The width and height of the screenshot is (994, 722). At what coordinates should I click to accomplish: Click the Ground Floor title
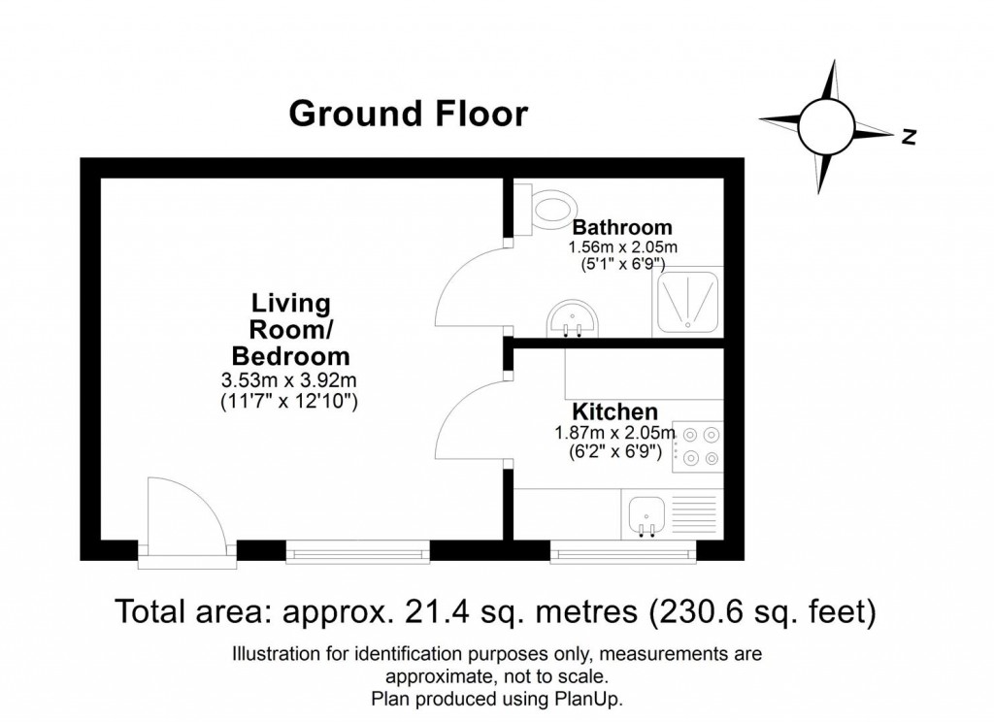tap(409, 114)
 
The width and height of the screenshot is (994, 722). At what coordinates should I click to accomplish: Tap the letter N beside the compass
tap(909, 137)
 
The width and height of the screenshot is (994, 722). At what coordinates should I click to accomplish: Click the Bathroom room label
tap(622, 228)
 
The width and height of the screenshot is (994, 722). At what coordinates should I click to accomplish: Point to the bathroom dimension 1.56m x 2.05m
tap(622, 248)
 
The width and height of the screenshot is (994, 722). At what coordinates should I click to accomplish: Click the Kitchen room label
tap(614, 411)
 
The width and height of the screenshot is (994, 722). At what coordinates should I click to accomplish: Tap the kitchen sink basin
tap(646, 512)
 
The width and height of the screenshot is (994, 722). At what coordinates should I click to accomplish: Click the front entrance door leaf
tap(150, 514)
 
